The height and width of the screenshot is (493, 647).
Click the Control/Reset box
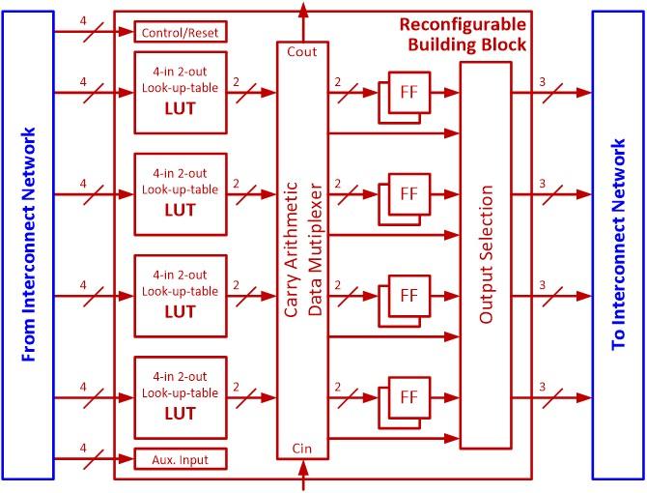point(180,32)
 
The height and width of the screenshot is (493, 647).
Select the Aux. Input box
point(180,458)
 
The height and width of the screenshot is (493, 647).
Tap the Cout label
point(303,51)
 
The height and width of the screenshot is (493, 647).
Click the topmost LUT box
point(180,92)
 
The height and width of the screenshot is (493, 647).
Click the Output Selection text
point(486,255)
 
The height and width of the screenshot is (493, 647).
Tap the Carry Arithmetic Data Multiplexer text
point(303,249)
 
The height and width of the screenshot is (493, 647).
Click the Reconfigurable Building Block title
point(464,33)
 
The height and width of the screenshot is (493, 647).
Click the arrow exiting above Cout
point(304,10)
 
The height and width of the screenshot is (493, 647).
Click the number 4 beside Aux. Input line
point(83,448)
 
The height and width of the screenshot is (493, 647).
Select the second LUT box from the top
point(180,193)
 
